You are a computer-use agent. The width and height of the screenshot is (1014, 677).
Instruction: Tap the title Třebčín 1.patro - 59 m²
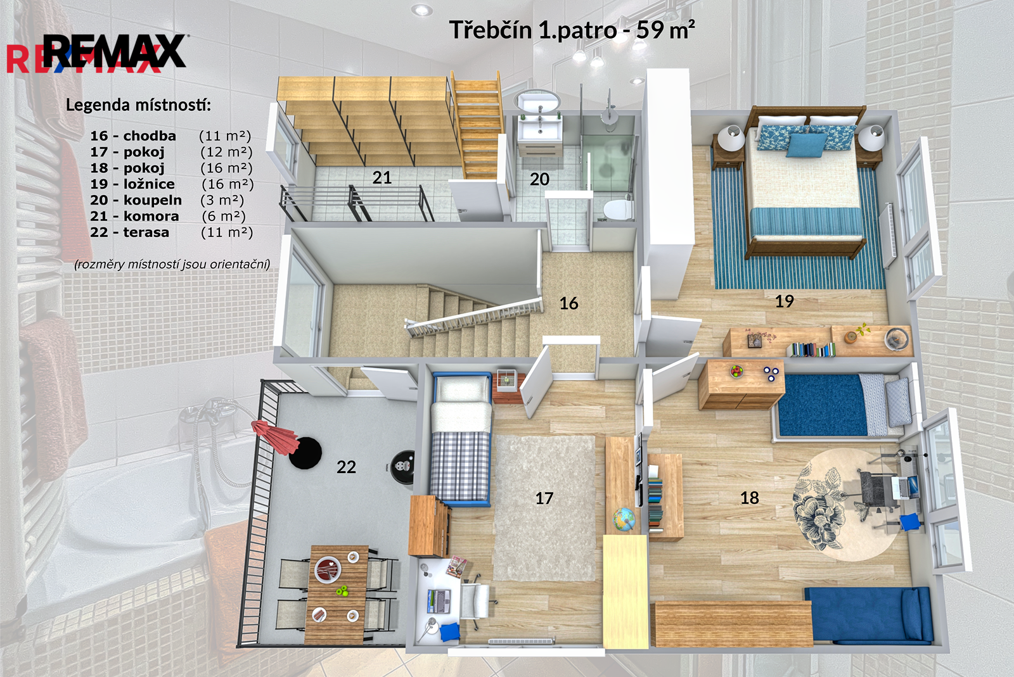pos(572,30)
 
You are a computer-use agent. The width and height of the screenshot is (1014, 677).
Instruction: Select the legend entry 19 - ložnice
pos(132,184)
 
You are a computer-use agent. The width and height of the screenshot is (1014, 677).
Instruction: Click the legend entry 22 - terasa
pos(129,232)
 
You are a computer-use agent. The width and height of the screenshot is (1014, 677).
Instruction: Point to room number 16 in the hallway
pos(568,303)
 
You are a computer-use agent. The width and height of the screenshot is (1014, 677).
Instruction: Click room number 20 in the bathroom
pos(539,179)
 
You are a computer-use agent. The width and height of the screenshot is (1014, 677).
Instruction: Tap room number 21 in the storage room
pos(382,178)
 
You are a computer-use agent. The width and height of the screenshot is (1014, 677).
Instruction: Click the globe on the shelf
pos(624,518)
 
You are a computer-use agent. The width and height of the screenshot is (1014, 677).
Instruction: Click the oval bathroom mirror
pos(537,101)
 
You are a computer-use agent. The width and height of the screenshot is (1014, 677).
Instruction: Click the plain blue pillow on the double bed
pos(806,145)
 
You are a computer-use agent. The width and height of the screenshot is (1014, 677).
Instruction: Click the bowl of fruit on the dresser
pos(736,371)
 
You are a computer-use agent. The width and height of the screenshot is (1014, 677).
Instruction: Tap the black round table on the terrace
pos(305,453)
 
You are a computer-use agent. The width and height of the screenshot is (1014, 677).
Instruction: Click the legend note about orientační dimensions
pos(172,264)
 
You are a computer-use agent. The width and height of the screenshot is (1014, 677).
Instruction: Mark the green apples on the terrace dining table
pos(342,590)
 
